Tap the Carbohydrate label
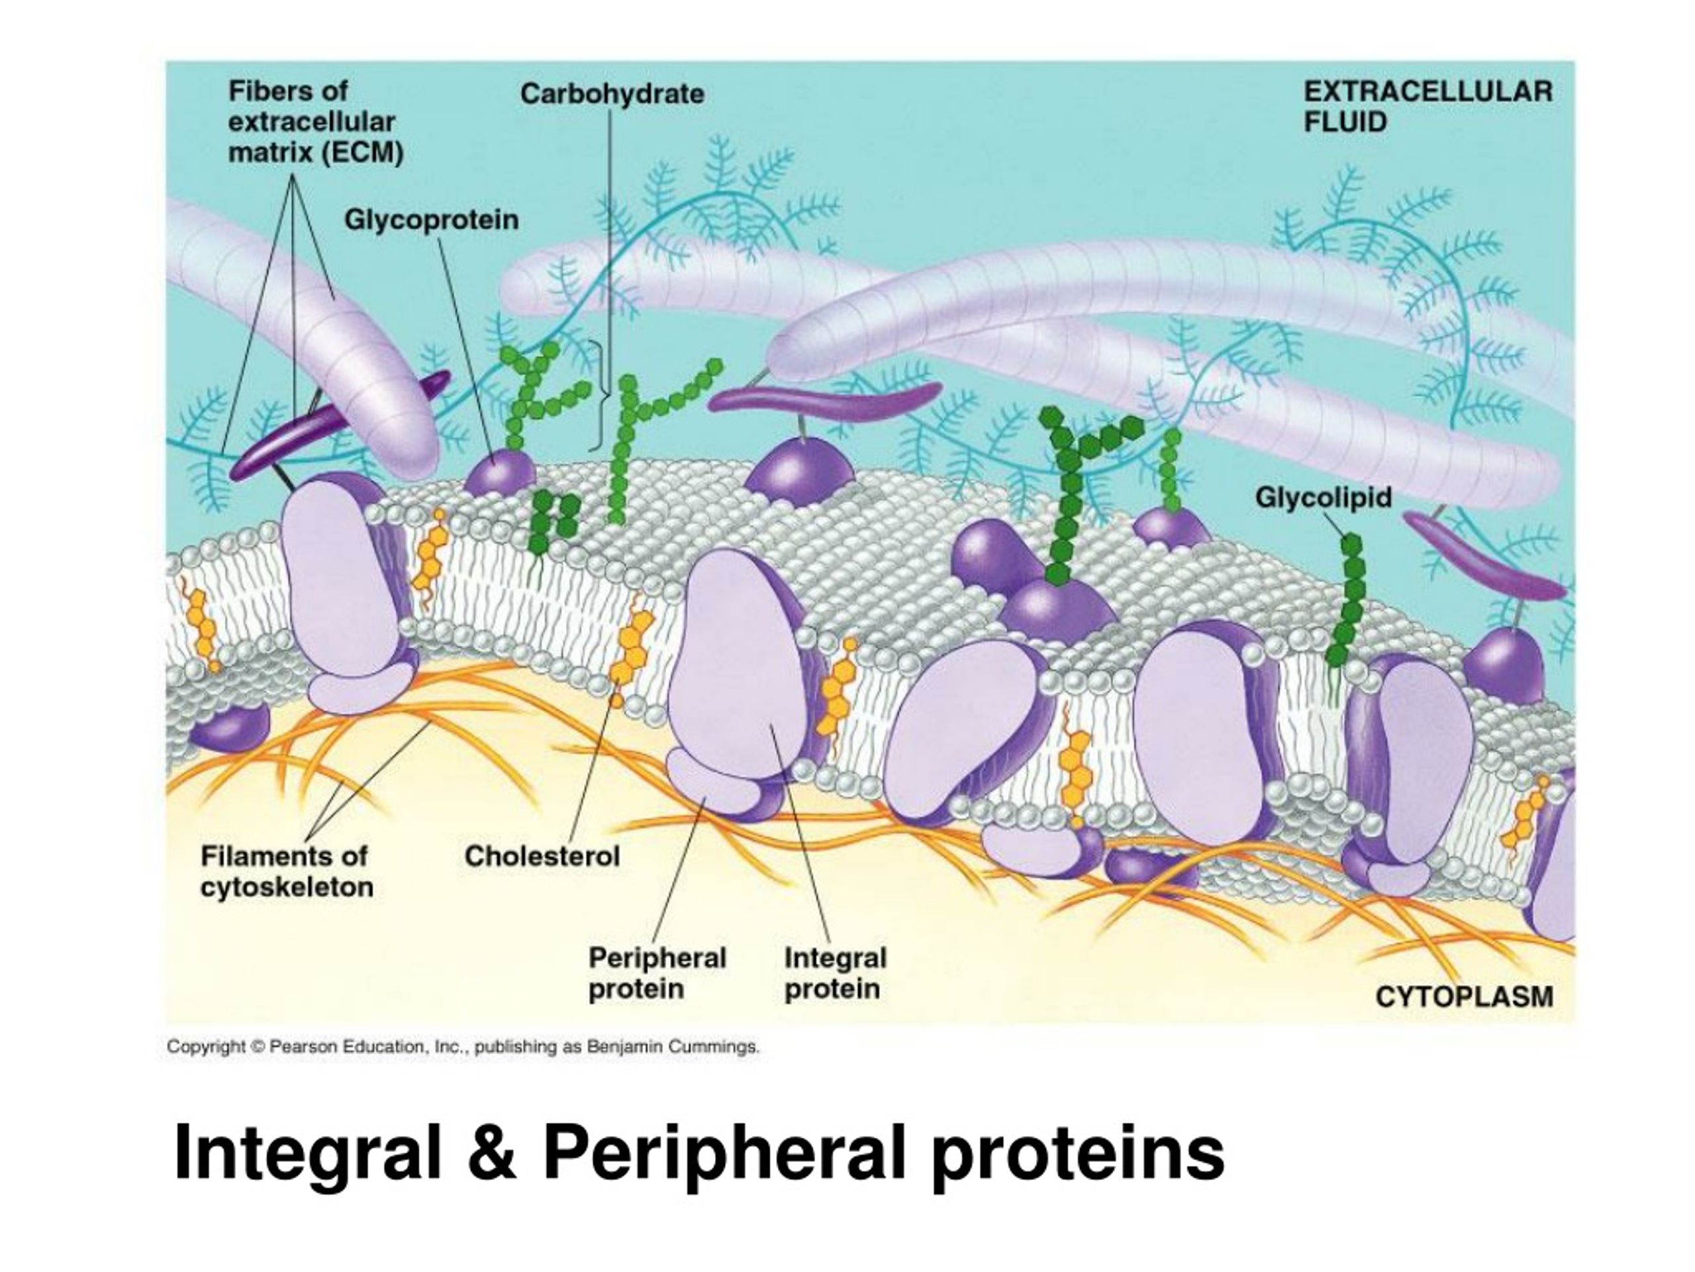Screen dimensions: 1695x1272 [x=612, y=94]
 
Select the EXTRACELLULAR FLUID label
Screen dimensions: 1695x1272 [x=1428, y=107]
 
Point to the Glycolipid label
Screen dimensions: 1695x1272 [x=1324, y=498]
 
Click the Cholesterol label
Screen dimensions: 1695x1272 [x=542, y=856]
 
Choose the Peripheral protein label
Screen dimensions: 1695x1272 [x=657, y=973]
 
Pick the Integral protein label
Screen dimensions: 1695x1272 [x=835, y=973]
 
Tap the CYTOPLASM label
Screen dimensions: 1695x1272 [x=1465, y=997]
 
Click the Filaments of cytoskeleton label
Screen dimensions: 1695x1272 [x=287, y=872]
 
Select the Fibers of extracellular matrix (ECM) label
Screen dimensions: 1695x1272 [x=316, y=122]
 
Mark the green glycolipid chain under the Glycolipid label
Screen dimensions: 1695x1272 [x=1347, y=600]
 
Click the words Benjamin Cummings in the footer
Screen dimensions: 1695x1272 [x=673, y=1047]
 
